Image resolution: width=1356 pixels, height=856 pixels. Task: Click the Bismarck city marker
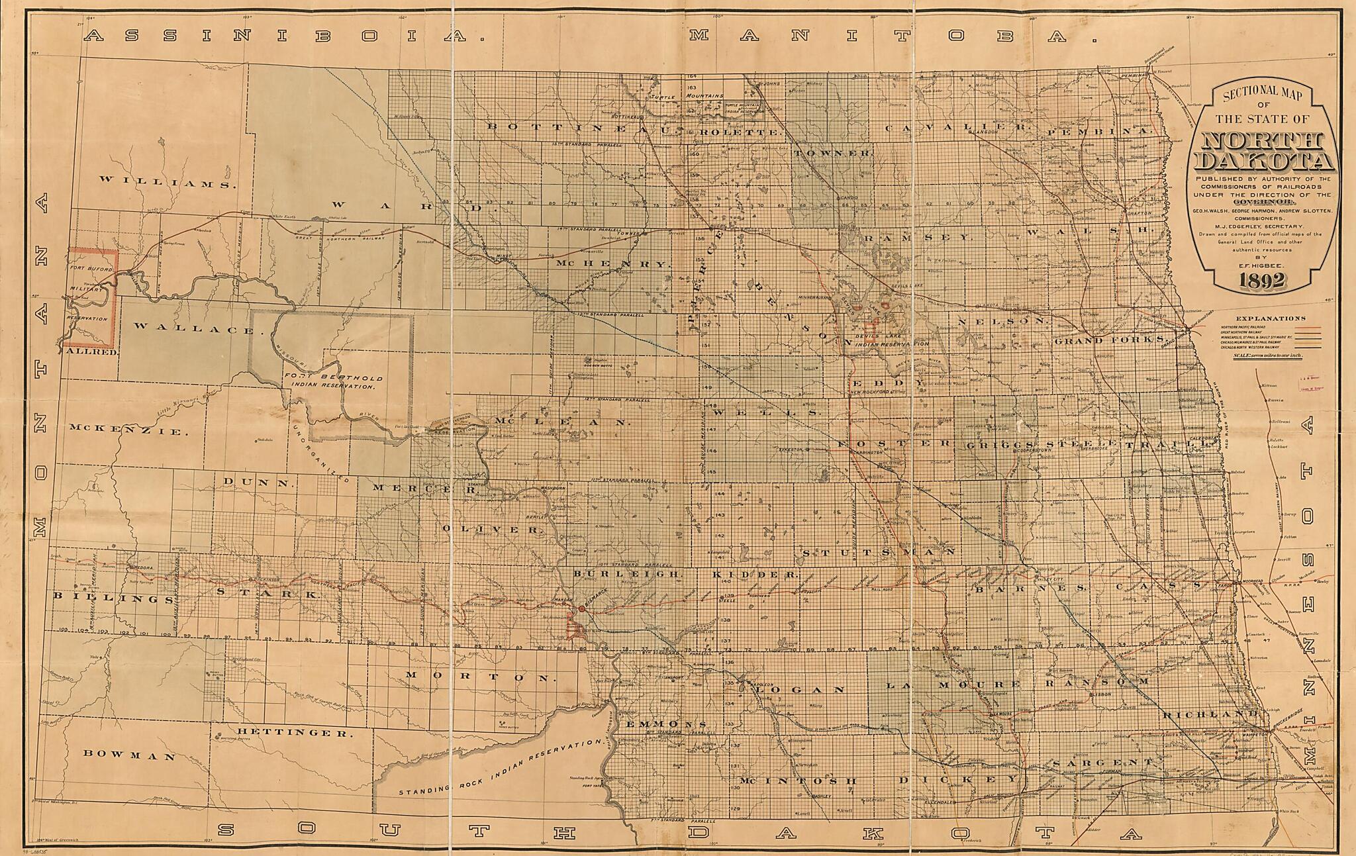click(581, 608)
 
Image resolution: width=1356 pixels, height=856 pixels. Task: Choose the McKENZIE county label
click(125, 431)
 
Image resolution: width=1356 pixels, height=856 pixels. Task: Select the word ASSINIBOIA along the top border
click(285, 36)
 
